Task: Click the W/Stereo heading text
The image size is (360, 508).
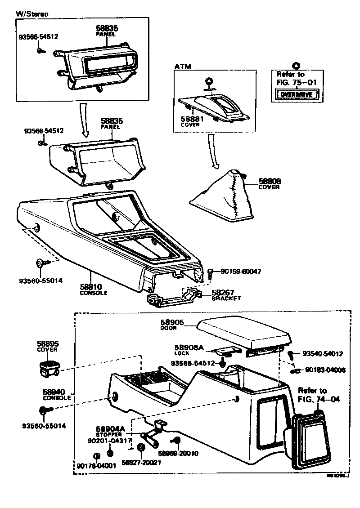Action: click(32, 13)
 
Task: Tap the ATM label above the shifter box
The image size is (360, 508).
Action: click(183, 67)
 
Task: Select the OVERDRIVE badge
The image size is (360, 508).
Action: click(296, 95)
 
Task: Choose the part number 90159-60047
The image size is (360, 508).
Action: click(241, 272)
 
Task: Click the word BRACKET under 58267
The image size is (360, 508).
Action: click(226, 298)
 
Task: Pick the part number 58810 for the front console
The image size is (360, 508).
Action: click(91, 287)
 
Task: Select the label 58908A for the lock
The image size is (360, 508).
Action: click(189, 347)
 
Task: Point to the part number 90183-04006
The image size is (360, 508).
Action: click(325, 370)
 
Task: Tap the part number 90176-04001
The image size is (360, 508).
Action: click(96, 466)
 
